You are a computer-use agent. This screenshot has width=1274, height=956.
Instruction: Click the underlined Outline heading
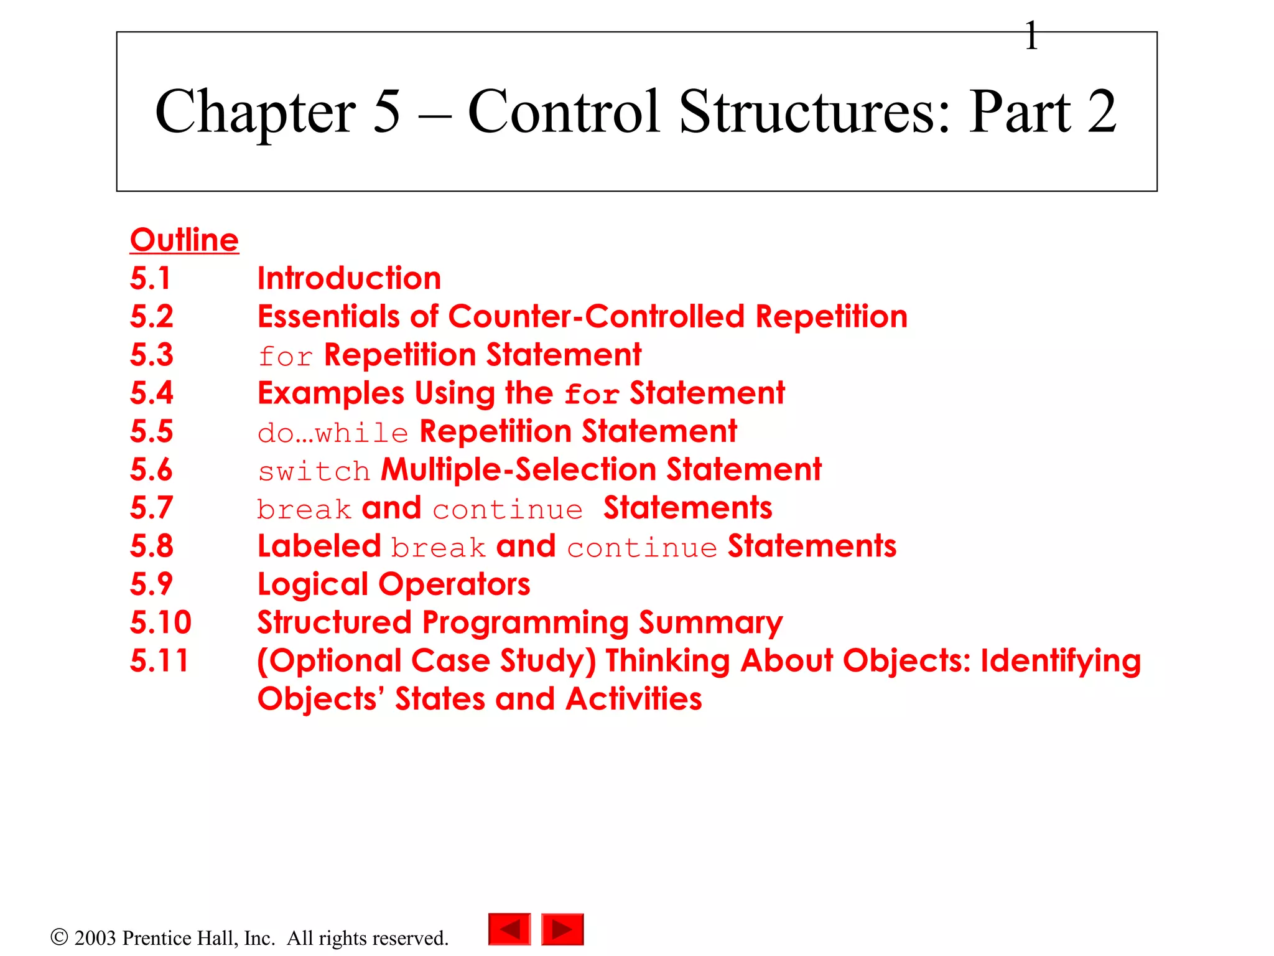pyautogui.click(x=184, y=240)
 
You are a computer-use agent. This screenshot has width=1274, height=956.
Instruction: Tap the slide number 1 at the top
pyautogui.click(x=1031, y=35)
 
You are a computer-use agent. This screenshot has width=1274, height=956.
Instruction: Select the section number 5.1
pyautogui.click(x=150, y=278)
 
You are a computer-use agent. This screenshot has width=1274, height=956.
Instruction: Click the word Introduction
pyautogui.click(x=349, y=278)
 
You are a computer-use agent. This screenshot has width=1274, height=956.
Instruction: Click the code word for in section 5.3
pyautogui.click(x=285, y=357)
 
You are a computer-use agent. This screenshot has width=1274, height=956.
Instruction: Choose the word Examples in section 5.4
pyautogui.click(x=331, y=393)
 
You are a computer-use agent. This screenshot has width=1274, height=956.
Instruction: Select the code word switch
pyautogui.click(x=314, y=471)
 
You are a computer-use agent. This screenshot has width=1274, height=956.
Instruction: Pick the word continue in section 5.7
pyautogui.click(x=508, y=510)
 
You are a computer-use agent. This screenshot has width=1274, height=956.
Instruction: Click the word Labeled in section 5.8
pyautogui.click(x=319, y=546)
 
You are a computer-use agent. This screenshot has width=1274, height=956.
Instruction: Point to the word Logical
pyautogui.click(x=313, y=585)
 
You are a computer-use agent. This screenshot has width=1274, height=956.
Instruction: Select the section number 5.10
pyautogui.click(x=160, y=622)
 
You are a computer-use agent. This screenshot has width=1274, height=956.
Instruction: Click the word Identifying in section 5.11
pyautogui.click(x=1061, y=661)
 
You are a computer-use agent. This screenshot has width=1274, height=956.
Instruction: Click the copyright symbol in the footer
pyautogui.click(x=59, y=937)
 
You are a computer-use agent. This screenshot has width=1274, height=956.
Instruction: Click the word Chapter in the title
pyautogui.click(x=255, y=112)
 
